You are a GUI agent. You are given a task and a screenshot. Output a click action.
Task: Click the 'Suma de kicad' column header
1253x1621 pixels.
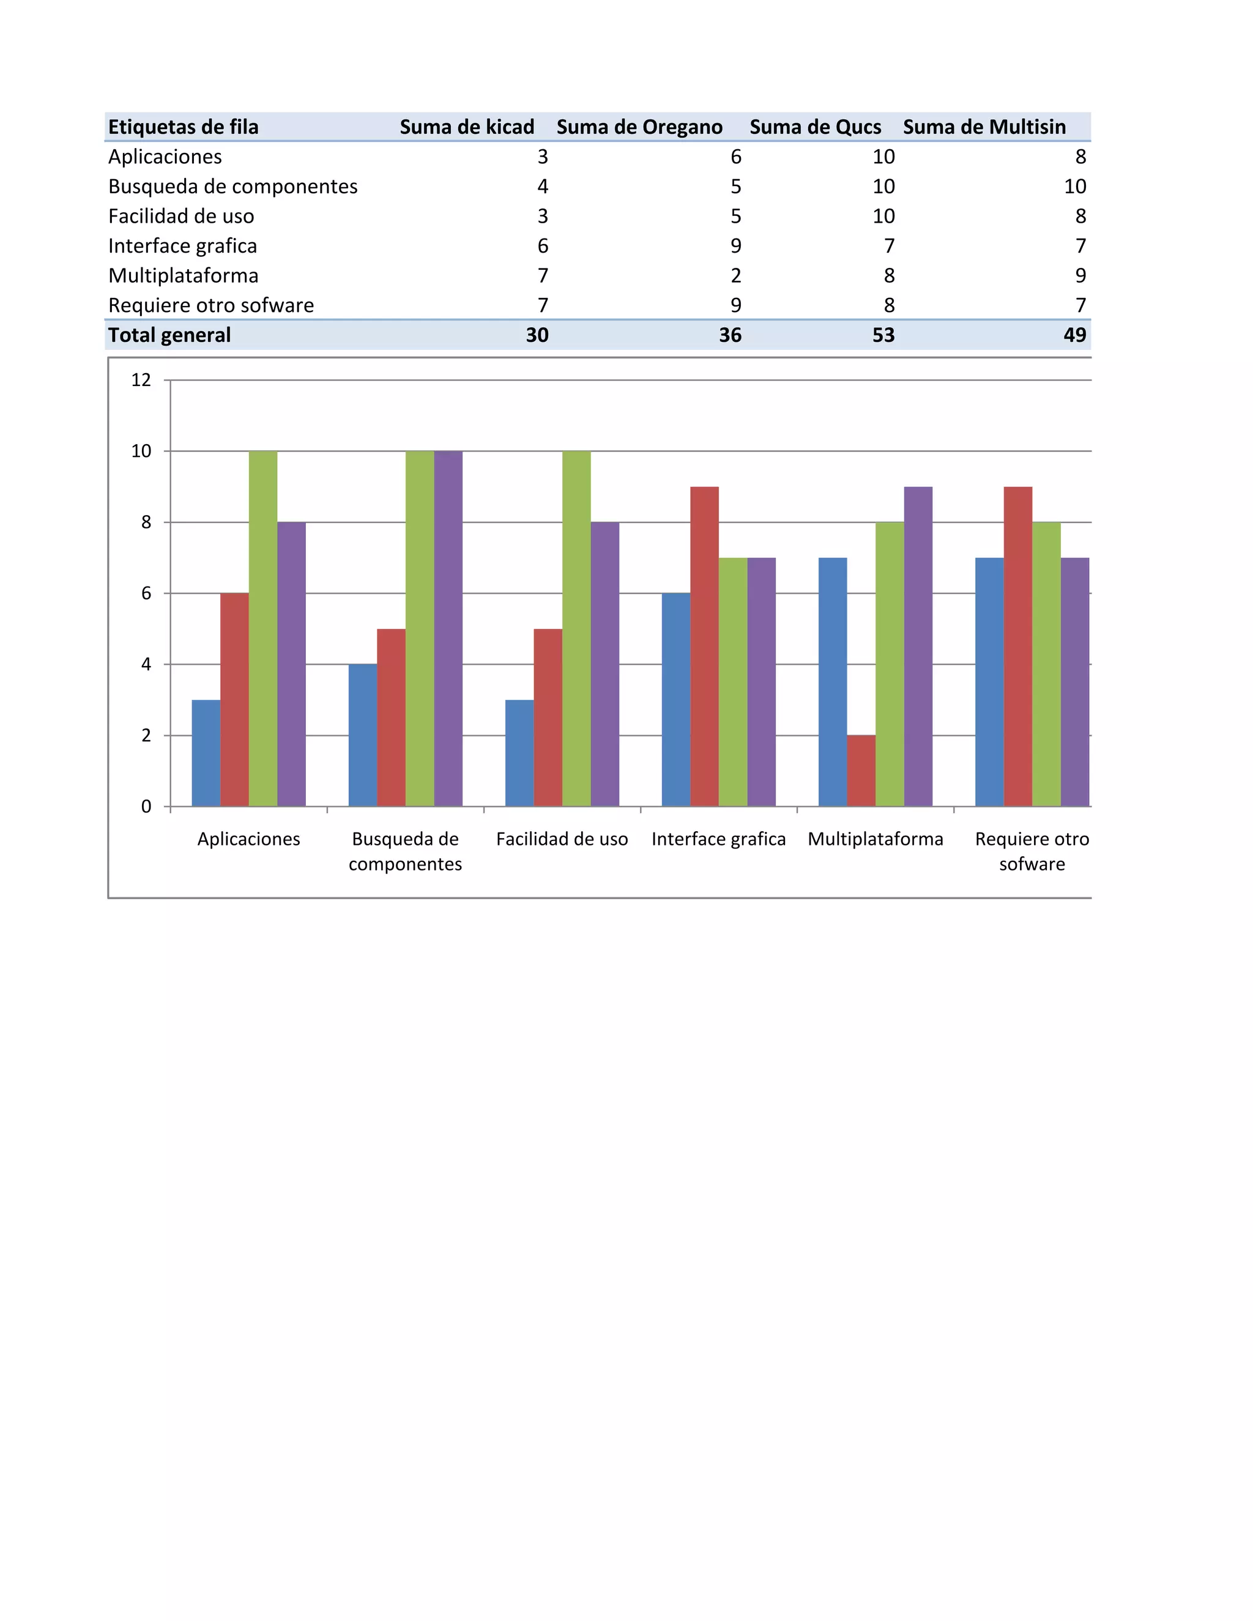[x=467, y=127]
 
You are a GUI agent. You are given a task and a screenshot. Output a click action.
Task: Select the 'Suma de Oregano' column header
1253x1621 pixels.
[x=639, y=127]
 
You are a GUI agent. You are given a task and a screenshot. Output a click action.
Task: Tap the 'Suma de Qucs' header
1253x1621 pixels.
[x=815, y=127]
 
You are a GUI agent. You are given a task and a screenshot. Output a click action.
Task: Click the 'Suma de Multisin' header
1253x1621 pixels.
[x=984, y=127]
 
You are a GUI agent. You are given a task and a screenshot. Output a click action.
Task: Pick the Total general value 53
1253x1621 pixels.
[x=883, y=335]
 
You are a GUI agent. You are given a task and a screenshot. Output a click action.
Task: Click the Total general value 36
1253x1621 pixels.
[x=730, y=335]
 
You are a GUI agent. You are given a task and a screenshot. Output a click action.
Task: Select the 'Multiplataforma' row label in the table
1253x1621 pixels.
[x=184, y=275]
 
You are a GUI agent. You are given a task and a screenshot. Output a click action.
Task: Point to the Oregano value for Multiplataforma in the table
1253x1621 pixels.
[x=735, y=275]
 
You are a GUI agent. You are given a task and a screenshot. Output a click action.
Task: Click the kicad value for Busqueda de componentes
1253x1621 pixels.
[x=543, y=187]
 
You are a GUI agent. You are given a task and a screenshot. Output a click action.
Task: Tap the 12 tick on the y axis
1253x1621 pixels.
[x=141, y=380]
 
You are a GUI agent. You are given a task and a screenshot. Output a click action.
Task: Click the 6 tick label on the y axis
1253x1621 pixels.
[x=146, y=593]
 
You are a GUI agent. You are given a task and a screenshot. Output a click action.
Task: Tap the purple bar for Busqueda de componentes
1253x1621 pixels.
[x=448, y=628]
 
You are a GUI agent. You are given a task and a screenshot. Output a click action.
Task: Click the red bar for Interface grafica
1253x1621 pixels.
[x=704, y=646]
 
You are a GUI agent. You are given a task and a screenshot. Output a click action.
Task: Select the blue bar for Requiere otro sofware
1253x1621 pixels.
[x=989, y=681]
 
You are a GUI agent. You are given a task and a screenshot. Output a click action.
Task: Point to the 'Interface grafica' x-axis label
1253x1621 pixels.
[x=718, y=839]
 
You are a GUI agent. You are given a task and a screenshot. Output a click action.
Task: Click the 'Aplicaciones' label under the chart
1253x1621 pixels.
[x=248, y=839]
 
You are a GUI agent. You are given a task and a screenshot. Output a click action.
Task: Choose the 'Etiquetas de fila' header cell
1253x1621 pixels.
[x=184, y=127]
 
